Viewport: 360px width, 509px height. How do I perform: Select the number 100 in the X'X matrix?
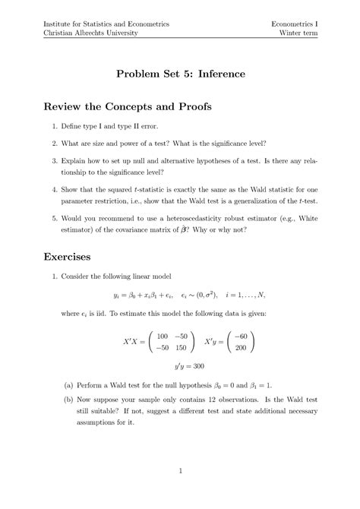click(162, 336)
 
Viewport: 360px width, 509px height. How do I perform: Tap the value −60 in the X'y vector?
click(241, 336)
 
